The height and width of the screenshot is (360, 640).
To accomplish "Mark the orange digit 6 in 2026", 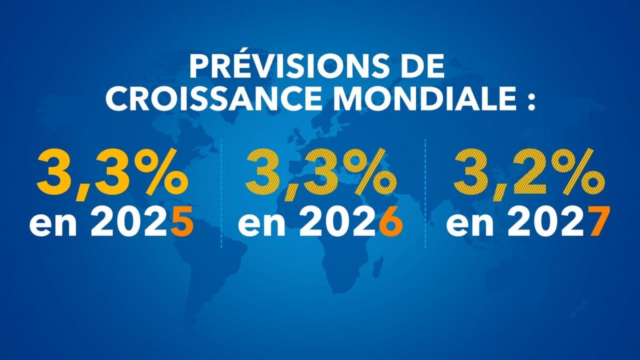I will pyautogui.click(x=390, y=224).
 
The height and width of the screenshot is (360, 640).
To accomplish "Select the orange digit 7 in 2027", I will pyautogui.click(x=597, y=224).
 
